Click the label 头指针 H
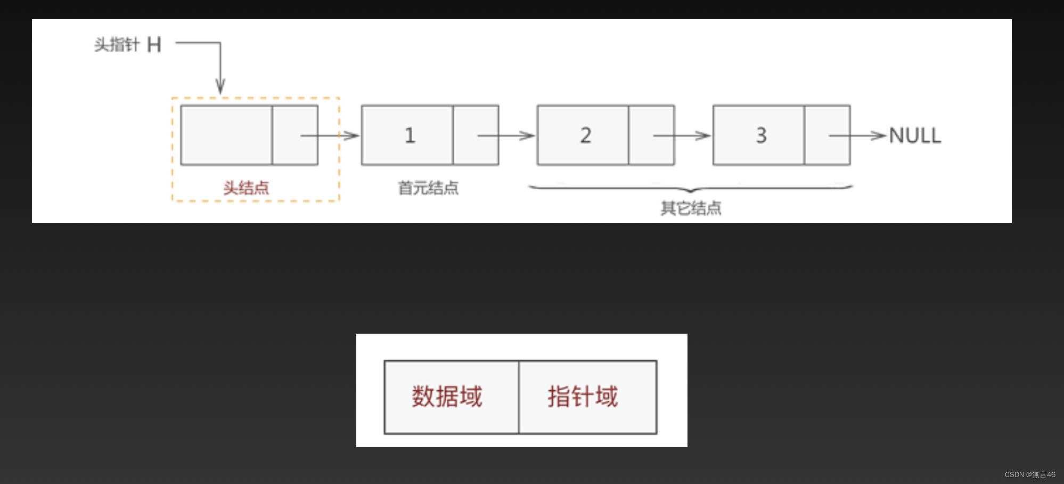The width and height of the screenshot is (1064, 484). [127, 45]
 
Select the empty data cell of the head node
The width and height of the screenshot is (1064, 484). [226, 135]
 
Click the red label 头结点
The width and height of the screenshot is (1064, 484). [246, 188]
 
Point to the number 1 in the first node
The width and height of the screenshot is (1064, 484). [410, 135]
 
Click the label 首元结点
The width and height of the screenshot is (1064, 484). [428, 188]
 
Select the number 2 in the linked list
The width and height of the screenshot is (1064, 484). [585, 135]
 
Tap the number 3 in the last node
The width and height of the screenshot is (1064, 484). [761, 135]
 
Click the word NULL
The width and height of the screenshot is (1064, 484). [915, 135]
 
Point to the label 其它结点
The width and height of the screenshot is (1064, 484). [691, 208]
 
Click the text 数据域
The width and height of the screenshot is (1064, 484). [447, 397]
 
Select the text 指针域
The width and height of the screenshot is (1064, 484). [583, 397]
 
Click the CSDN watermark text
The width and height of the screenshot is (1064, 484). [1029, 474]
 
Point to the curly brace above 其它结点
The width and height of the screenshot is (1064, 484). [690, 188]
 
